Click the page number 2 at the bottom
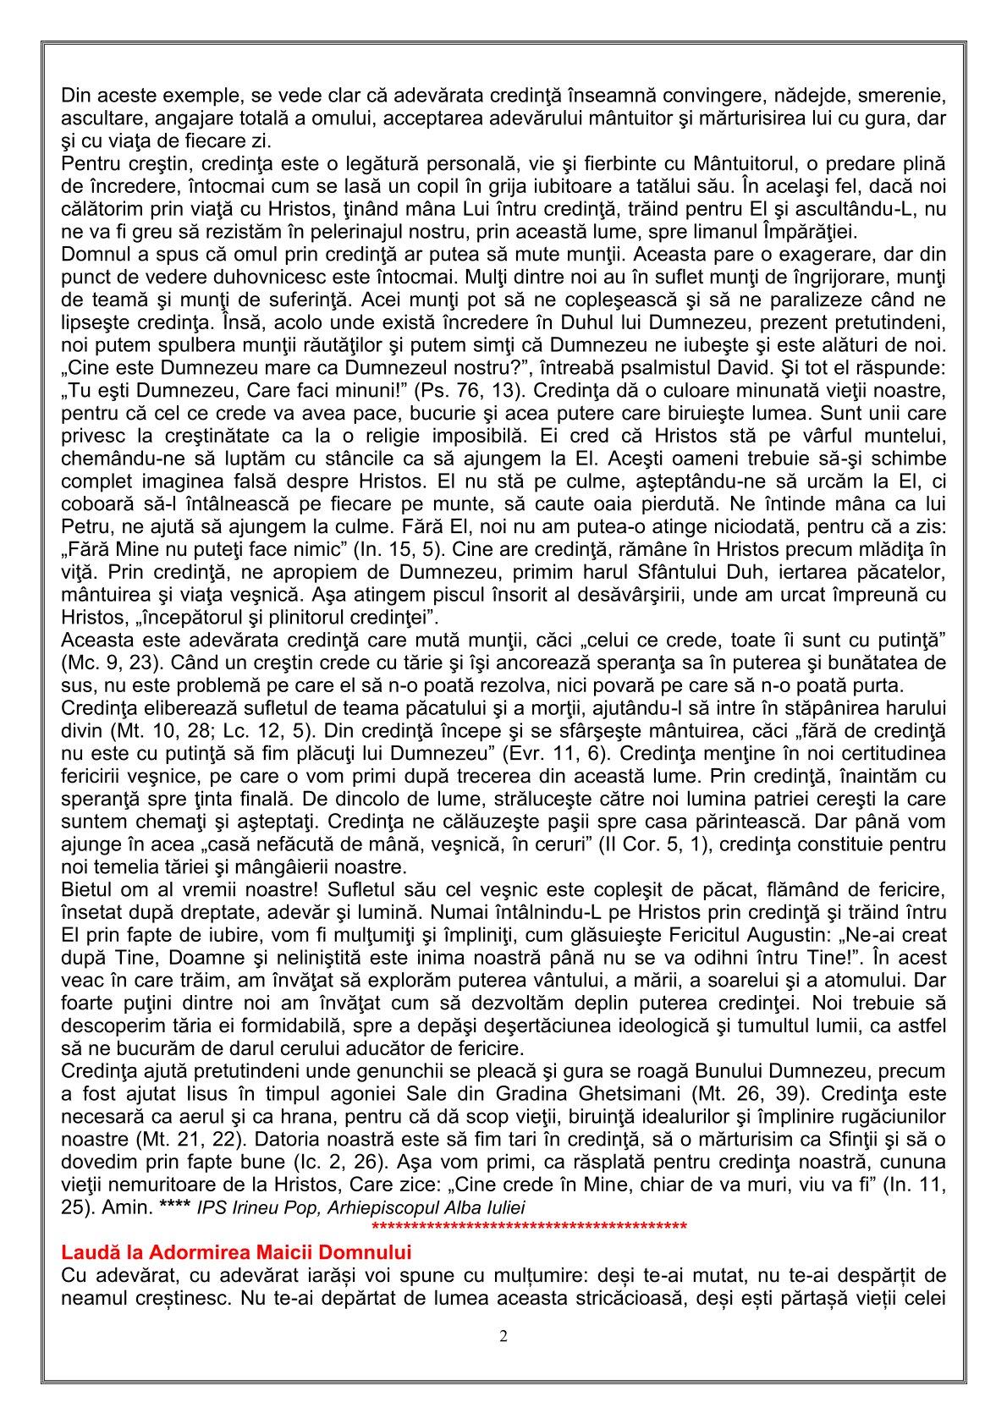click(503, 1337)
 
